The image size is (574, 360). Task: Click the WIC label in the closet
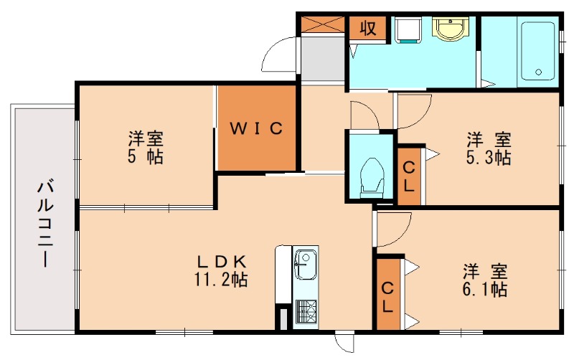coord(257,129)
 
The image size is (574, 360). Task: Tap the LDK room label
coord(224,261)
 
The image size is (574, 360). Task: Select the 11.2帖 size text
coord(223,279)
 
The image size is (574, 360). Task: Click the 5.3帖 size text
coord(487,157)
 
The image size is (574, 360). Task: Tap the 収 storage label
coord(367,29)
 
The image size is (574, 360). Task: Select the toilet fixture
coord(370,176)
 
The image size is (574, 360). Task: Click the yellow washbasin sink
coord(451,30)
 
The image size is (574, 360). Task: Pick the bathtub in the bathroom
coord(537,50)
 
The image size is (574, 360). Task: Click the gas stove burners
coord(306,311)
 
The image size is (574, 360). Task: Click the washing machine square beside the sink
coord(407,29)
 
